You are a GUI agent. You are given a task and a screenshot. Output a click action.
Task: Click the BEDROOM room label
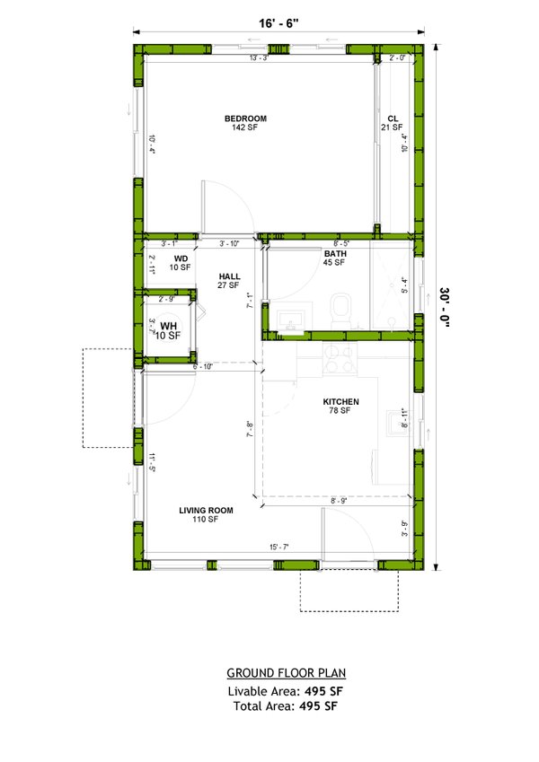click(245, 118)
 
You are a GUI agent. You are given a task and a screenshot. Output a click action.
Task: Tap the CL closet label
click(393, 118)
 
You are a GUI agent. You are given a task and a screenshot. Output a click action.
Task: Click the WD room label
click(180, 258)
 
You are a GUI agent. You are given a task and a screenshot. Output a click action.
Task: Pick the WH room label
click(169, 326)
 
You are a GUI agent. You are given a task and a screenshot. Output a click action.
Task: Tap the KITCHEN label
click(341, 401)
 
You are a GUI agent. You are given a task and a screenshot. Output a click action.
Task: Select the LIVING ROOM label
click(206, 511)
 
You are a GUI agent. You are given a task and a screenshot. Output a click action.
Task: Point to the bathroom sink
click(291, 320)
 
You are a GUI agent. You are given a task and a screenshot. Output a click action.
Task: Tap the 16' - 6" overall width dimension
click(278, 24)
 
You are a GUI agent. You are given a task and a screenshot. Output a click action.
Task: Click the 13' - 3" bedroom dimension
click(260, 58)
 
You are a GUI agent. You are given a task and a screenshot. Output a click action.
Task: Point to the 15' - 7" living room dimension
click(278, 547)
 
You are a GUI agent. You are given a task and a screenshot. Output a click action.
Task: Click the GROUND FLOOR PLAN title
click(286, 672)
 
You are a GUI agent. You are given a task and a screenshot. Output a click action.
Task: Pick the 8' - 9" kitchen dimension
click(339, 500)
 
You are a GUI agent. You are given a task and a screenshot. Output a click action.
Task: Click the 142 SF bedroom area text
click(245, 127)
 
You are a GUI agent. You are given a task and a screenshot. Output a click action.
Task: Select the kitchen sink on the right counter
click(395, 422)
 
